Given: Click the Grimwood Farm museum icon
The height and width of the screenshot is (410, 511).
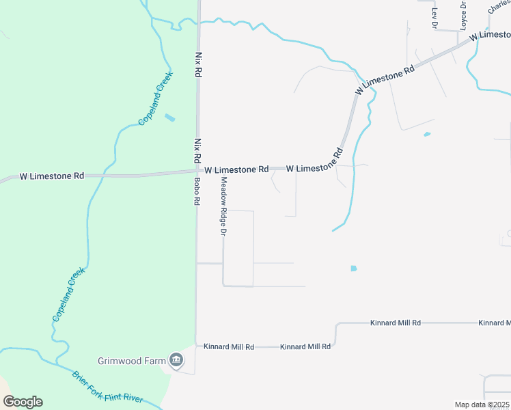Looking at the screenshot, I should coord(177,359).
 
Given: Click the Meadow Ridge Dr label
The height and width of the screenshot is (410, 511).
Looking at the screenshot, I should coord(223,206).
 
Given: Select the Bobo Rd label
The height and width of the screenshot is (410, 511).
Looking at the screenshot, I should coord(197,192).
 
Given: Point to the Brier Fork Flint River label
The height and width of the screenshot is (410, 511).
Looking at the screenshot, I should coord(108,387).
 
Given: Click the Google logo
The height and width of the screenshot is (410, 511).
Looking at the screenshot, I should coord(23,402).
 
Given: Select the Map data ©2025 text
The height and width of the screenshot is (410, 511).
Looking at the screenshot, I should coord(482,405).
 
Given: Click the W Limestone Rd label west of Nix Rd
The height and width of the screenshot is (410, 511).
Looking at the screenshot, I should coord(52,176).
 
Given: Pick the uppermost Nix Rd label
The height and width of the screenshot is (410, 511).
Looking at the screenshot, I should coord(199,64).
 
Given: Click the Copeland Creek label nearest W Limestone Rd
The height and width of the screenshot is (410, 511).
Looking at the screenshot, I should coord(156,98).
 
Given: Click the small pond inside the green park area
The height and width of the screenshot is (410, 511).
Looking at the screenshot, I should coord(169,118).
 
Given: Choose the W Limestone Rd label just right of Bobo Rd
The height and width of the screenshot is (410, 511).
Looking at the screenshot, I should coord(236,169).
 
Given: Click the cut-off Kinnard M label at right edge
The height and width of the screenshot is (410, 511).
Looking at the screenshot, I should coord(494,323).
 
